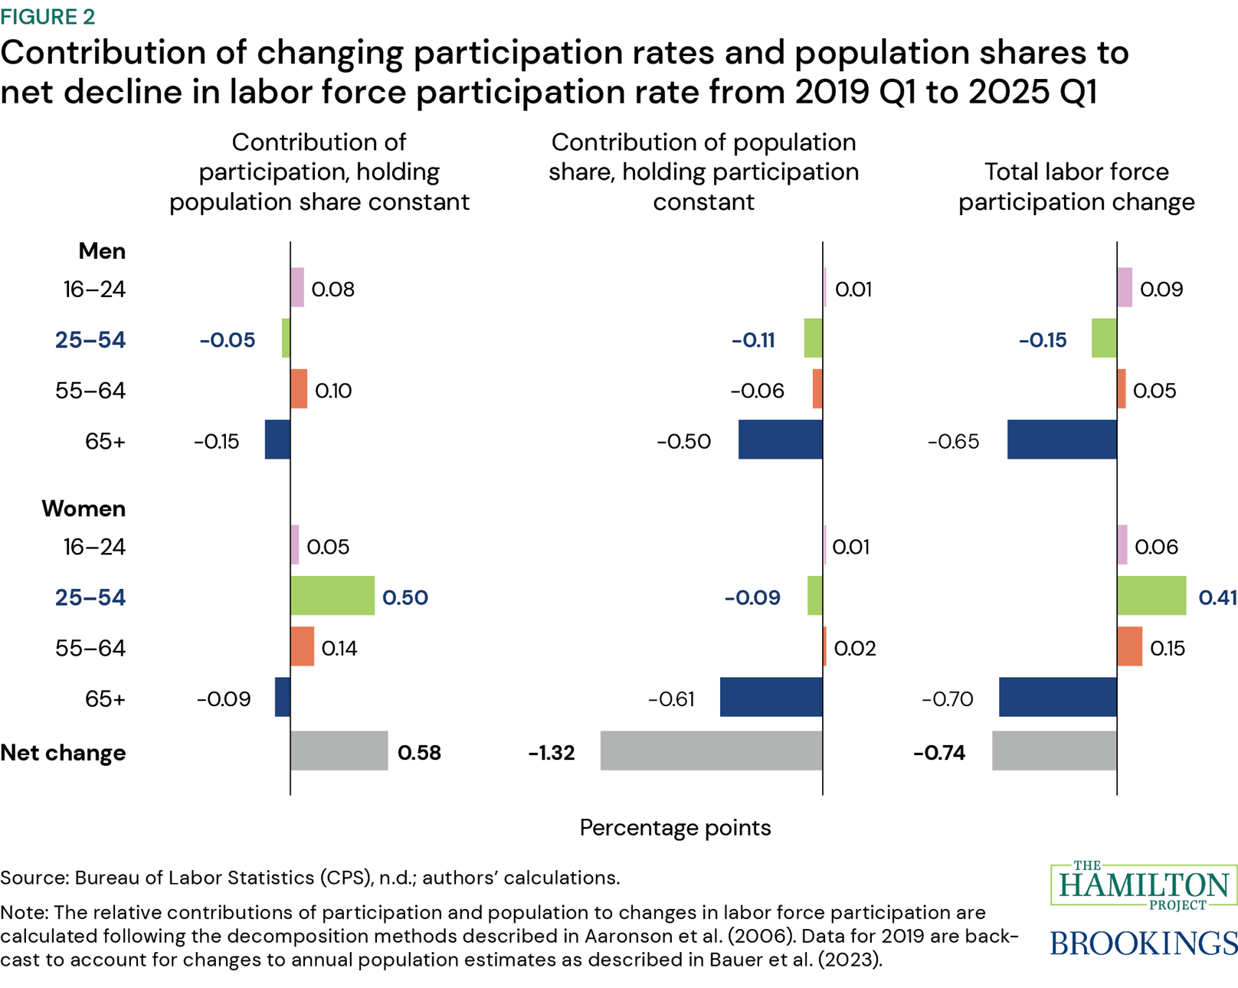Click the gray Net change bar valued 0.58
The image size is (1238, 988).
(x=339, y=751)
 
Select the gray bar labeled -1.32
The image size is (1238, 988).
(x=711, y=751)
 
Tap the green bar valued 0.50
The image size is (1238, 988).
(x=332, y=595)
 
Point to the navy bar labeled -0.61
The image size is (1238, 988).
(x=771, y=697)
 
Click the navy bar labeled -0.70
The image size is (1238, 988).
(x=1057, y=697)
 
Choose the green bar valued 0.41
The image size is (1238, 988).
(x=1151, y=595)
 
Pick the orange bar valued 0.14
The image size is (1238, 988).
(x=303, y=646)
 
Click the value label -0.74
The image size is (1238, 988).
(x=939, y=753)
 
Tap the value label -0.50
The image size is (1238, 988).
(x=683, y=442)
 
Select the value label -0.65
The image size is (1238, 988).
(x=953, y=442)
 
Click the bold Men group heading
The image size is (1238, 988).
(x=102, y=251)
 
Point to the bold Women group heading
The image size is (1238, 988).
(x=84, y=509)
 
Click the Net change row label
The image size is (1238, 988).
(x=63, y=753)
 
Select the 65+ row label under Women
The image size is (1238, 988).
(x=105, y=699)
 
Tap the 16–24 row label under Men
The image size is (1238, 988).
(x=94, y=290)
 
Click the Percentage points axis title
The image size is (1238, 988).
(x=675, y=828)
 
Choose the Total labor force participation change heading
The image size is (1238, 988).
(x=1076, y=187)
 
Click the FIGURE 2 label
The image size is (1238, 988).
(x=47, y=17)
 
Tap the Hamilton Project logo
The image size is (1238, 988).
(x=1144, y=886)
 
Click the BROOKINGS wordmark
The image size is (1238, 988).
(x=1143, y=943)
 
